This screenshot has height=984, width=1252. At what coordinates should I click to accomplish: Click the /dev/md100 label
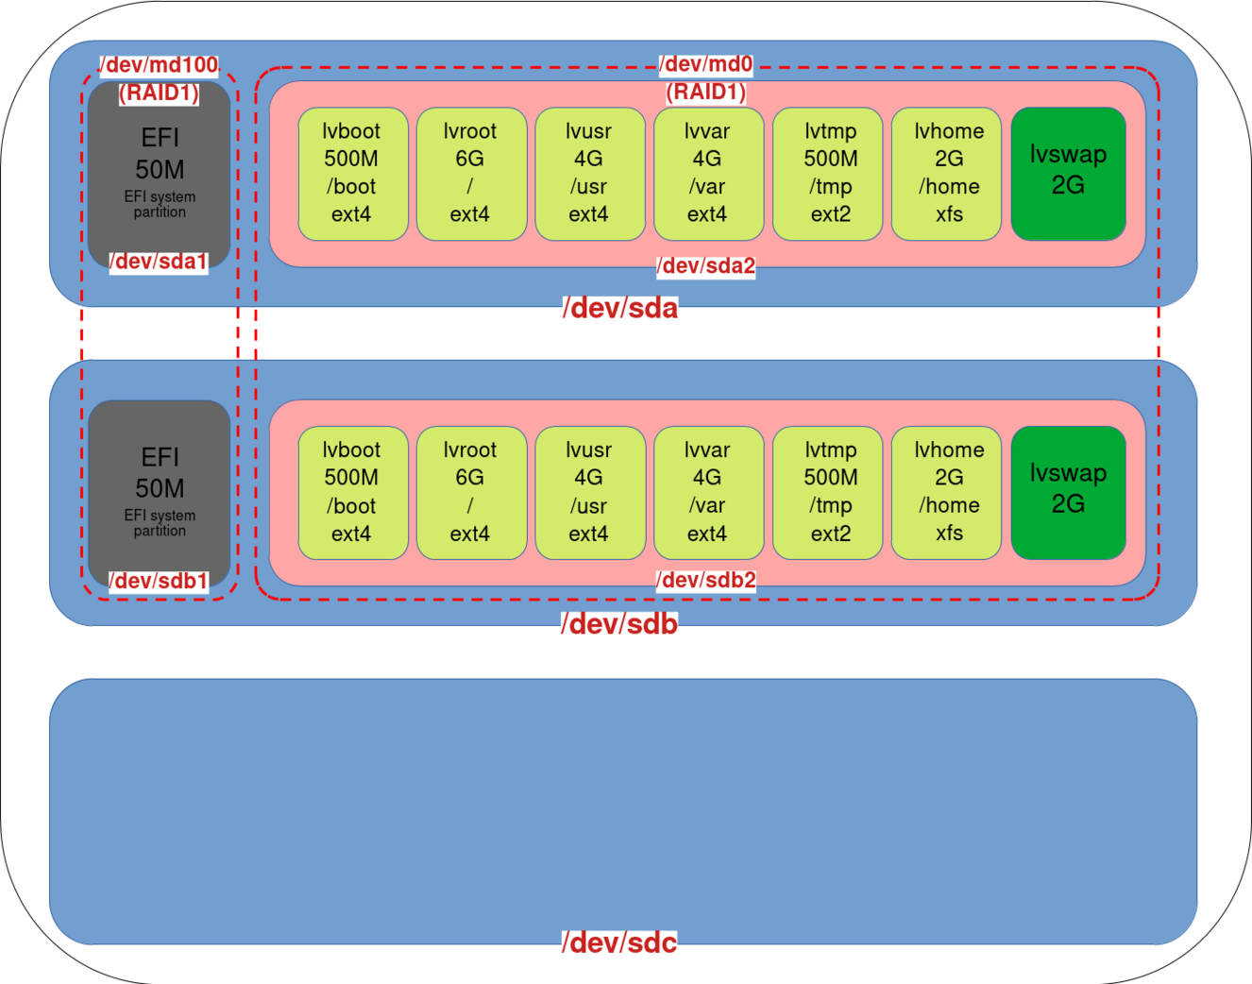(159, 65)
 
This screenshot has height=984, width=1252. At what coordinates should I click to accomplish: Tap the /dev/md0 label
(705, 64)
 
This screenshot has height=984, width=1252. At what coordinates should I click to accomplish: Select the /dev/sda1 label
(158, 262)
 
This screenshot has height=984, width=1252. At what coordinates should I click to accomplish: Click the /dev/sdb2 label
(706, 580)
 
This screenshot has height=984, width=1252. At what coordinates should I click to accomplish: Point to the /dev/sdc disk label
(619, 942)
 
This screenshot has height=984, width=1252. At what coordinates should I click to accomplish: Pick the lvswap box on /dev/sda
(1068, 173)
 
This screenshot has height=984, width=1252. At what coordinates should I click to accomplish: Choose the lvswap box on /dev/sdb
(1068, 492)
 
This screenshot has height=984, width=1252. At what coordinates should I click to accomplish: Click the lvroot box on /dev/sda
(470, 174)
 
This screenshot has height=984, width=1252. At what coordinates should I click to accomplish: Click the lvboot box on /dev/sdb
(352, 492)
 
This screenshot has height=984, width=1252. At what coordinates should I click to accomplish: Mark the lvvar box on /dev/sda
(707, 174)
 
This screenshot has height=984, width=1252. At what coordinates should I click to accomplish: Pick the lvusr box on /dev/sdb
(589, 492)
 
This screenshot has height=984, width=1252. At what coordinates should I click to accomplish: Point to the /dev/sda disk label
(620, 308)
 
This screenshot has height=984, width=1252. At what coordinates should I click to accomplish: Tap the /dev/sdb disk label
(619, 624)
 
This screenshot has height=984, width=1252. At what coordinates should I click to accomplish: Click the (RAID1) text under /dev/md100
(159, 93)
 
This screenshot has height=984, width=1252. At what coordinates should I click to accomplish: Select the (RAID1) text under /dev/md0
(705, 92)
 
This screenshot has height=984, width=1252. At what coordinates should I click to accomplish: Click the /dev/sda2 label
(706, 266)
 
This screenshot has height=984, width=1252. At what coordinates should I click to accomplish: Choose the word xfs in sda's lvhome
(949, 214)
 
